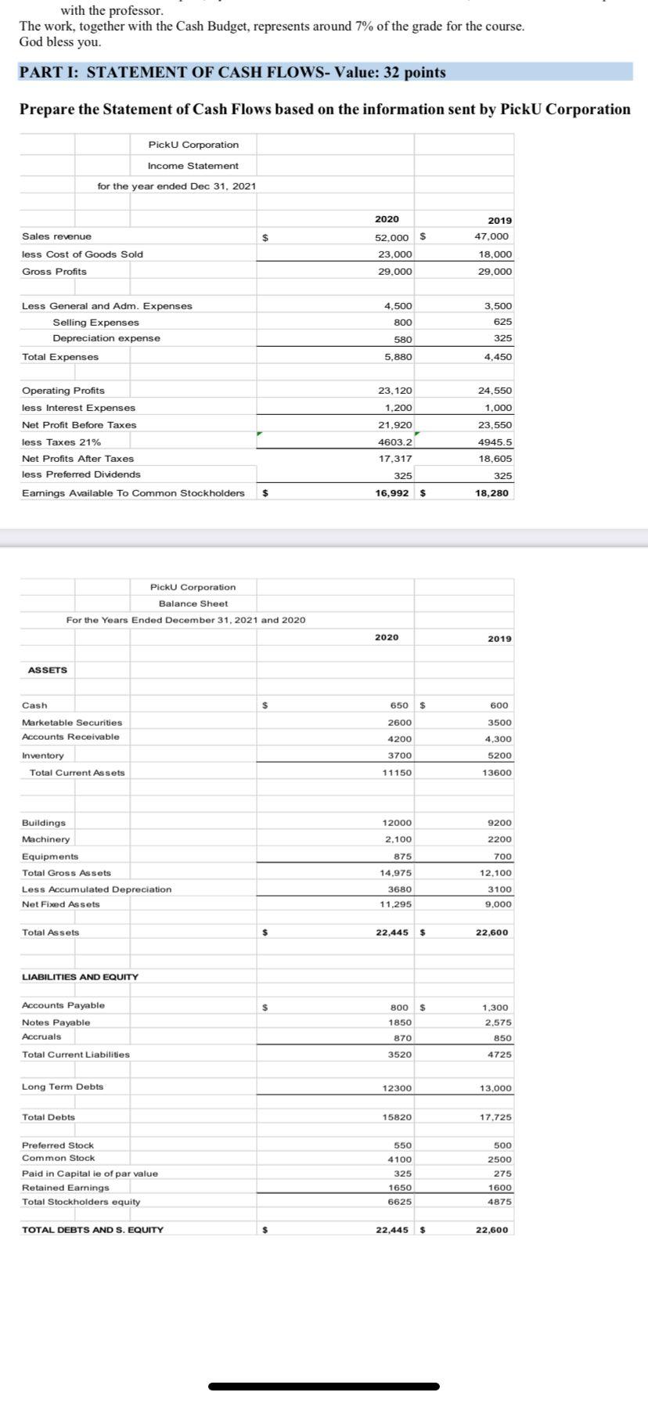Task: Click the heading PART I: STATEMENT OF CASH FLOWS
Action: [232, 73]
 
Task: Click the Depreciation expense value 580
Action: [402, 340]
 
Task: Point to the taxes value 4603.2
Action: [395, 442]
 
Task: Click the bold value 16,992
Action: [394, 493]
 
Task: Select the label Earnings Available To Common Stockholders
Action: [133, 493]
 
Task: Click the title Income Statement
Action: [193, 166]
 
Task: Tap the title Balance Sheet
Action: [193, 604]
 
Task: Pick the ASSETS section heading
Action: [48, 670]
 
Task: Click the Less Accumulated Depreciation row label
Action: [97, 889]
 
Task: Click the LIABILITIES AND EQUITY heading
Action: [81, 977]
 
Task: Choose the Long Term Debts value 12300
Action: [396, 1088]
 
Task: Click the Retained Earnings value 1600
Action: [499, 1188]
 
